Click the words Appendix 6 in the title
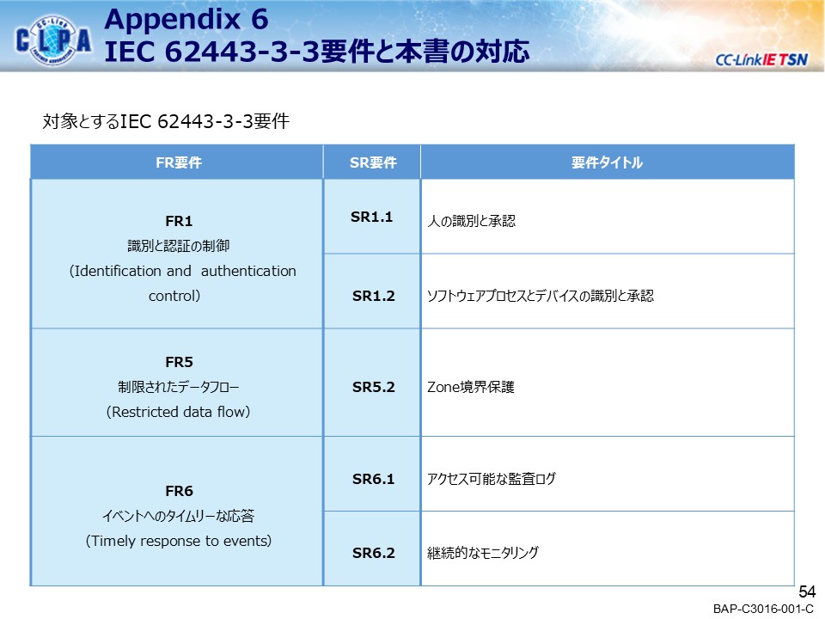tap(186, 18)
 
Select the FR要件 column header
tap(178, 162)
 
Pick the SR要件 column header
tap(373, 162)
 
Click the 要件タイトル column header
tap(607, 162)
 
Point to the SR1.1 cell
tap(372, 217)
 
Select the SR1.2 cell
tap(373, 296)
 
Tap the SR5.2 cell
tap(373, 387)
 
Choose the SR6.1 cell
tap(373, 479)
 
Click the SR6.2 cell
tap(373, 553)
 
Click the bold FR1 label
tap(178, 221)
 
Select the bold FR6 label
tap(178, 491)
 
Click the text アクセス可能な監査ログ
tap(492, 480)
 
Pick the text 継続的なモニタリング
tap(483, 554)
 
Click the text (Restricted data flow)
tap(178, 412)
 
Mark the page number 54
tap(807, 592)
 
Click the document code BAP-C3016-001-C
tap(763, 610)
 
